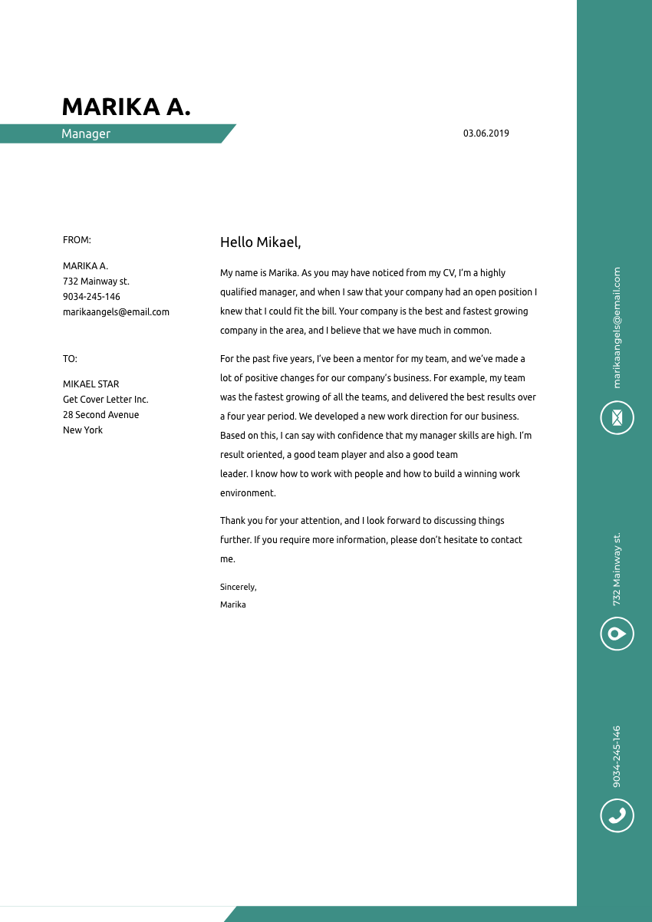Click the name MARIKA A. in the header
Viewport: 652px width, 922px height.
pyautogui.click(x=126, y=107)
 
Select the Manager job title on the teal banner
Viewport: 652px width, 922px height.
pyautogui.click(x=86, y=133)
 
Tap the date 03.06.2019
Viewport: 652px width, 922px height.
pyautogui.click(x=486, y=133)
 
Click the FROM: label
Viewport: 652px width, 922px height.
pyautogui.click(x=77, y=240)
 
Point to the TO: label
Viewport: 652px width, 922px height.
pyautogui.click(x=70, y=358)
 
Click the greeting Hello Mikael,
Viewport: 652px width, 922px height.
pyautogui.click(x=261, y=242)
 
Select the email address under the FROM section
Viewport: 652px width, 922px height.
pyautogui.click(x=116, y=312)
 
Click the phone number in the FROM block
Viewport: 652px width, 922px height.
pyautogui.click(x=91, y=297)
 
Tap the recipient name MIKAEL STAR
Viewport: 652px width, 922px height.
pyautogui.click(x=91, y=384)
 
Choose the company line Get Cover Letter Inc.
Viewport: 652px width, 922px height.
pyautogui.click(x=105, y=400)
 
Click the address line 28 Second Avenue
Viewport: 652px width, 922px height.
pyautogui.click(x=101, y=415)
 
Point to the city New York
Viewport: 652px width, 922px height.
pyautogui.click(x=83, y=430)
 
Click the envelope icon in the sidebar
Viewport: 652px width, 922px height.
pyautogui.click(x=617, y=417)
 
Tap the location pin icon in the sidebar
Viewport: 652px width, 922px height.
pyautogui.click(x=617, y=634)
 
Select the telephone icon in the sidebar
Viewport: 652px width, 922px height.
pyautogui.click(x=617, y=815)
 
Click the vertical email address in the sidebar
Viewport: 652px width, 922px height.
pyautogui.click(x=617, y=328)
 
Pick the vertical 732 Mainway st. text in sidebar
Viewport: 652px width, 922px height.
pyautogui.click(x=617, y=569)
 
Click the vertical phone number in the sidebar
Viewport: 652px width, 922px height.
pyautogui.click(x=617, y=756)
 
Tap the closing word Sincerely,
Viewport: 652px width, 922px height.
pyautogui.click(x=238, y=587)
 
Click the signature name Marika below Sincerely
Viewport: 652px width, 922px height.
pyautogui.click(x=233, y=604)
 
